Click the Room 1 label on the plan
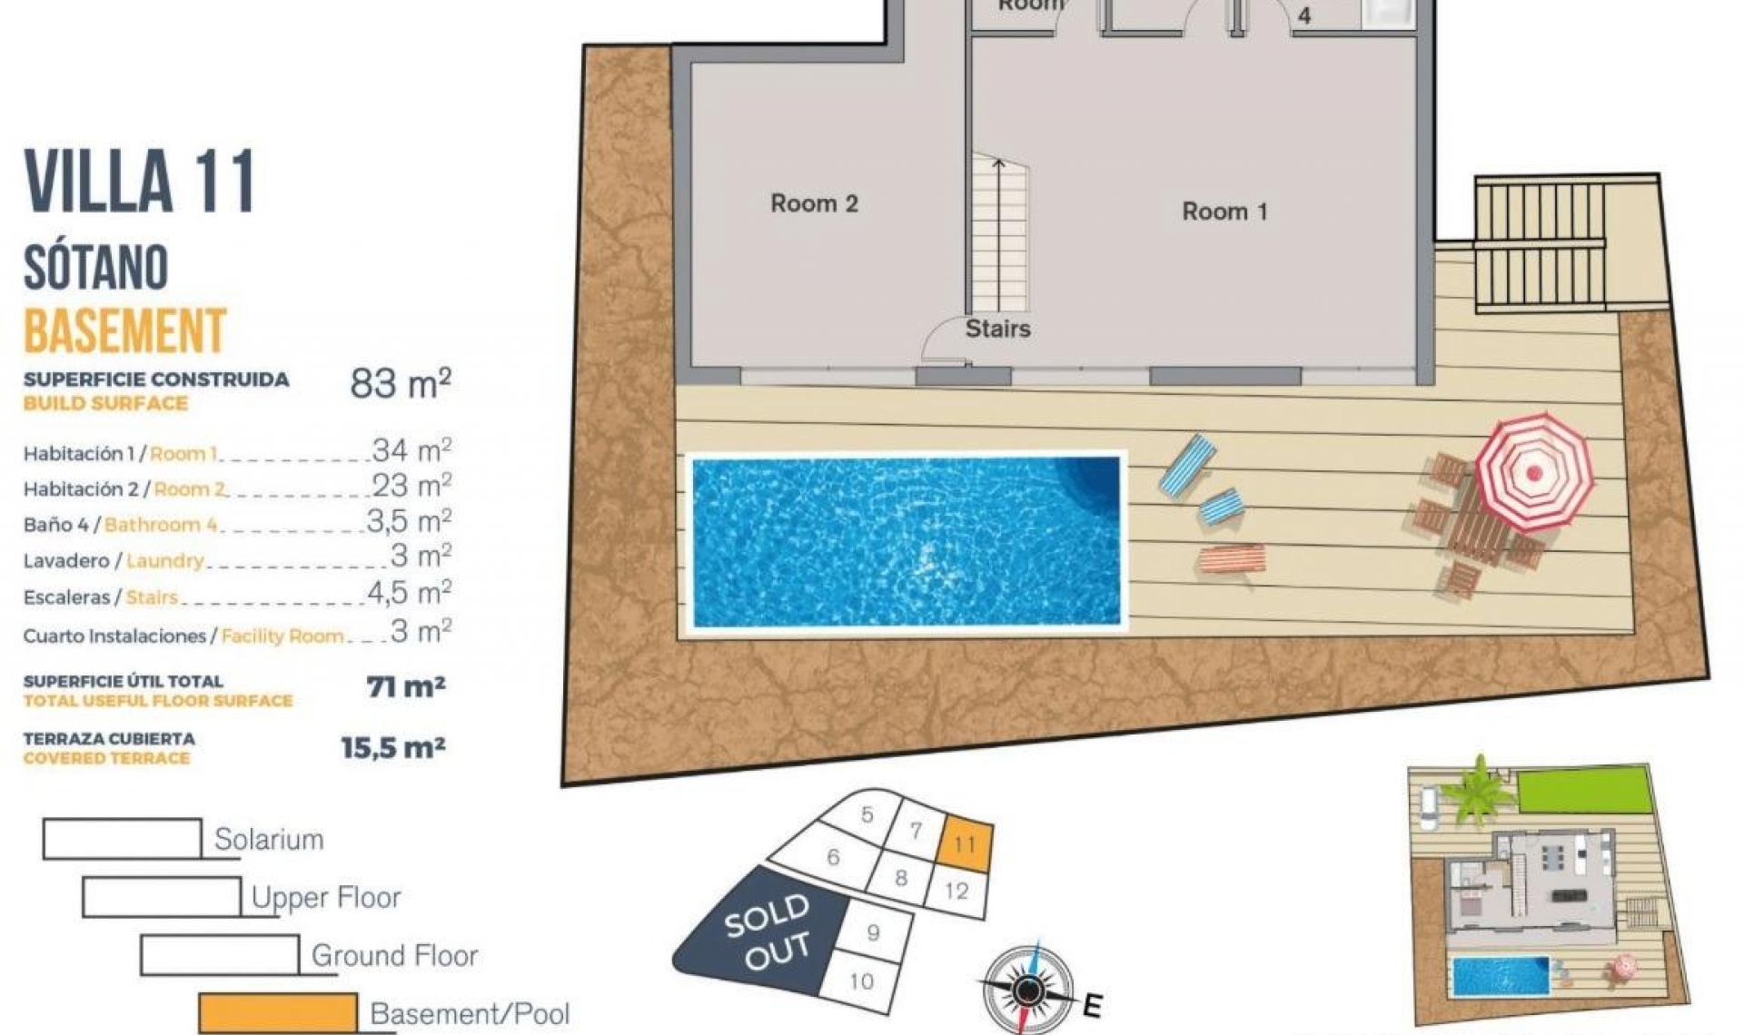1224,212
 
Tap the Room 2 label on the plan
814,203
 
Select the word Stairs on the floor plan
997,329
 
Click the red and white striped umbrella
1534,471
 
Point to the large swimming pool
907,541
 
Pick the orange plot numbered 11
964,843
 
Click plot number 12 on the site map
956,891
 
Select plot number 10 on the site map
861,981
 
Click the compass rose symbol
1027,989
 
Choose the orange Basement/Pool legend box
278,1012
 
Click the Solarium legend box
123,839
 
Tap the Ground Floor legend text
394,955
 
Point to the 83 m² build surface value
400,384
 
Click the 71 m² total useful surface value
406,687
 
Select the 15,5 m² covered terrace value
392,748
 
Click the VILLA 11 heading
140,182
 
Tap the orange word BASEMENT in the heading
124,330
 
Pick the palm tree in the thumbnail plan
1479,789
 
